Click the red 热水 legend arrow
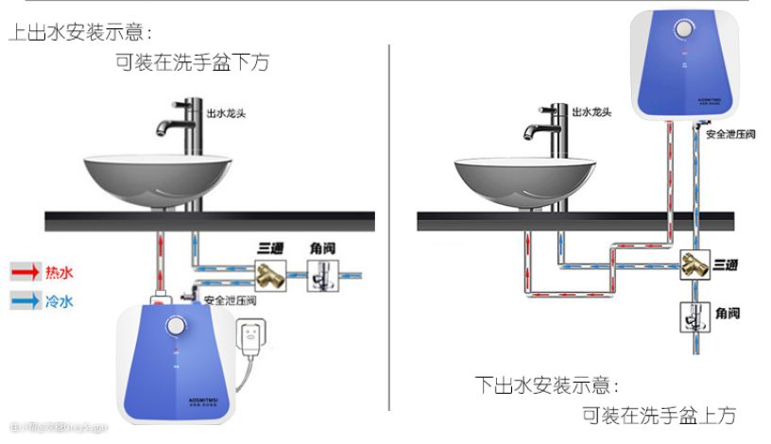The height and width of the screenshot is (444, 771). (x=25, y=273)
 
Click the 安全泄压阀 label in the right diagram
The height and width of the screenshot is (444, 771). (x=730, y=135)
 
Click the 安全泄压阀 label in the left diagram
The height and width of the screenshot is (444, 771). (x=228, y=300)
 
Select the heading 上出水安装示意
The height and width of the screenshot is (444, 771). (x=79, y=32)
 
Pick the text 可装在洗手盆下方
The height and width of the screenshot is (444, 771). (x=192, y=63)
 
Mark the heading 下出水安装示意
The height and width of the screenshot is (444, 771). (x=547, y=386)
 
